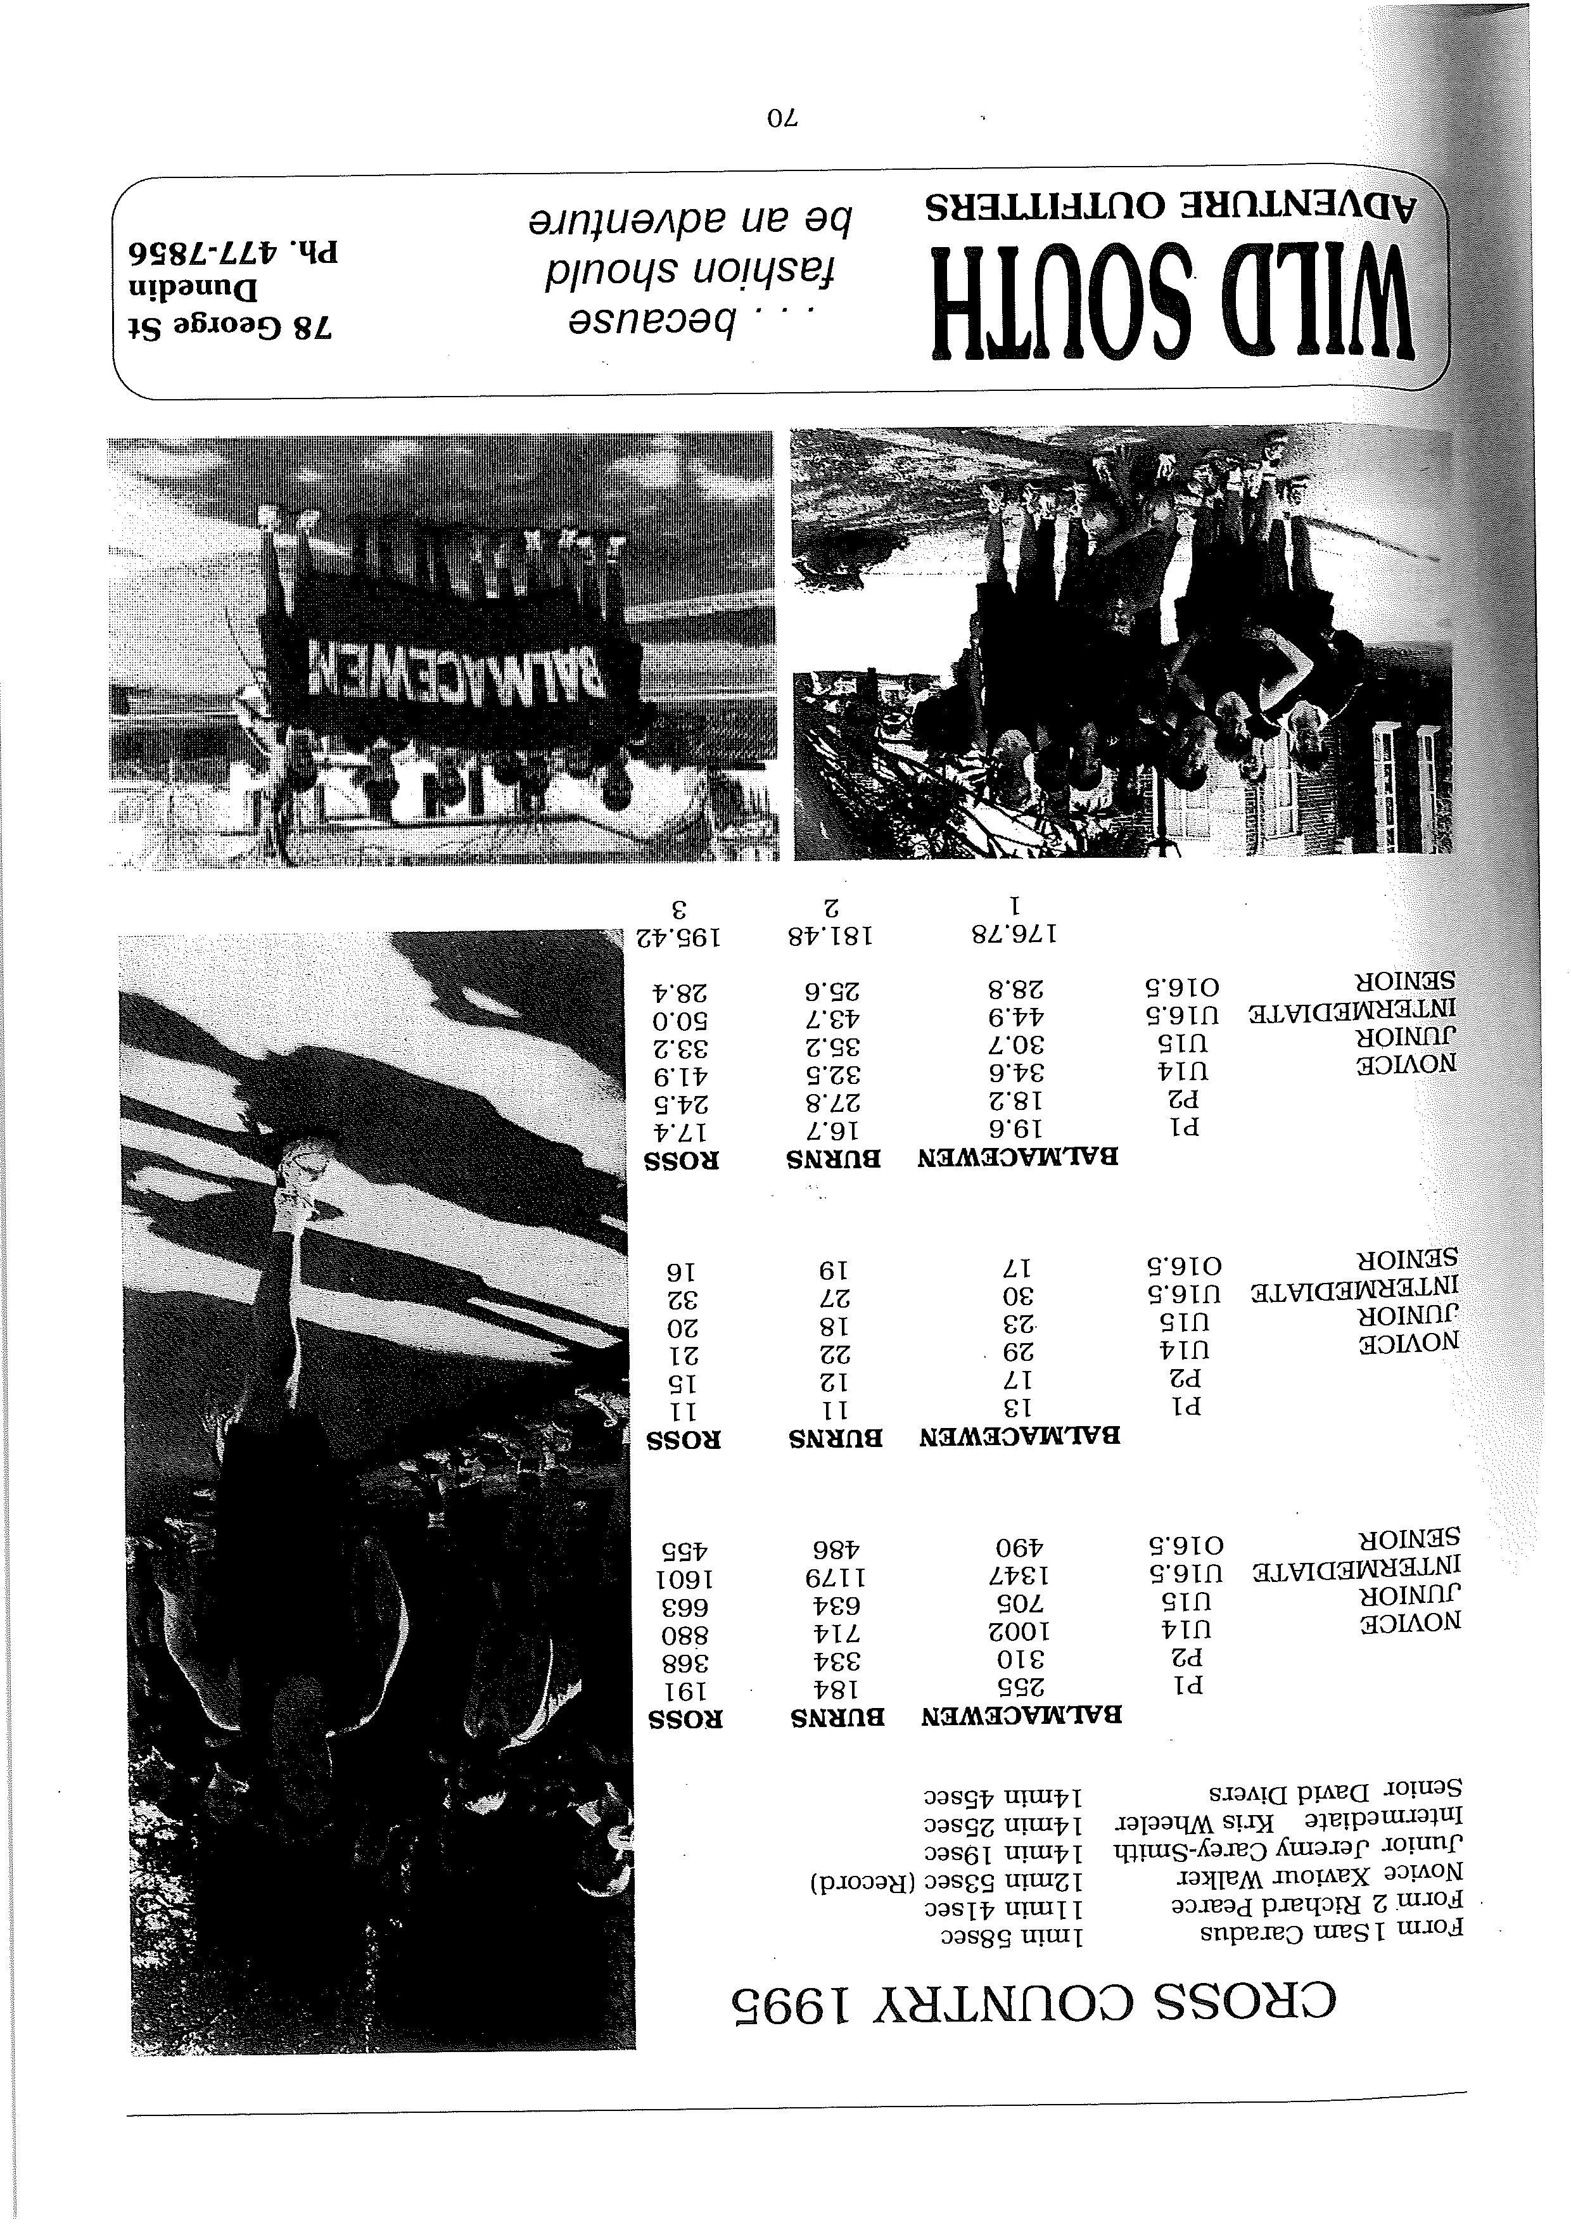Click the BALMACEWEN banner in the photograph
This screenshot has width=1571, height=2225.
point(455,668)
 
